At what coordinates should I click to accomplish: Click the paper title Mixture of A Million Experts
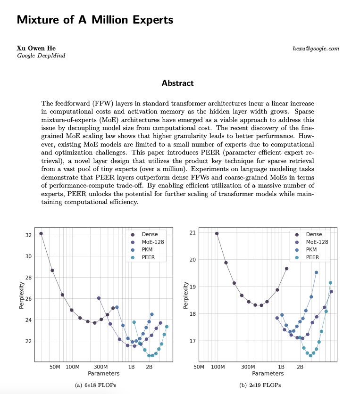(95, 20)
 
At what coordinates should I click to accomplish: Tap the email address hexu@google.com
(316, 49)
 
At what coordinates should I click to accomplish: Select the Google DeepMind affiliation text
(41, 56)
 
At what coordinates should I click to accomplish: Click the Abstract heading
(177, 83)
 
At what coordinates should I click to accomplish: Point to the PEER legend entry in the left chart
(148, 257)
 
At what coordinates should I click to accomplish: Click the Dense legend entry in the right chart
(314, 234)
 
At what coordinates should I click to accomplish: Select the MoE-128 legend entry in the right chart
(317, 242)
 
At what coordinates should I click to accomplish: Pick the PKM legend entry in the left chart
(147, 250)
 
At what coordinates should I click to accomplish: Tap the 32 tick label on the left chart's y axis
(28, 235)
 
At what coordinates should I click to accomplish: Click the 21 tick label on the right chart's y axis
(192, 233)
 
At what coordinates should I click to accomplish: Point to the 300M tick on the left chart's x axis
(101, 367)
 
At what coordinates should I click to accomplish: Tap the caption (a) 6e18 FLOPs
(96, 385)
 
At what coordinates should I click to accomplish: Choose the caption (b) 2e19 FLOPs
(260, 385)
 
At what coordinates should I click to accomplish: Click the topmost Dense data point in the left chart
(41, 233)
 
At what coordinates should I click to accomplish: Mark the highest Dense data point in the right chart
(217, 233)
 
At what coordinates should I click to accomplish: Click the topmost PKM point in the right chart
(316, 272)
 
